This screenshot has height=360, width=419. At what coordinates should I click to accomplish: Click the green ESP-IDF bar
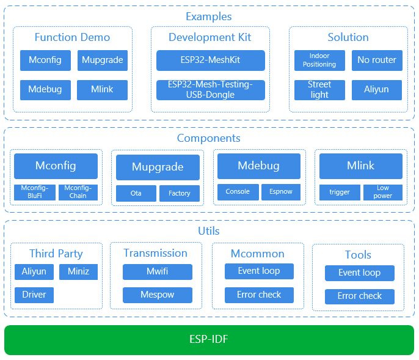click(209, 340)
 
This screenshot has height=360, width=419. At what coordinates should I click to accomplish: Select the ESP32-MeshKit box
click(211, 61)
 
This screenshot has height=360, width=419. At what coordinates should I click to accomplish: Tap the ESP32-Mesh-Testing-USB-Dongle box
click(211, 90)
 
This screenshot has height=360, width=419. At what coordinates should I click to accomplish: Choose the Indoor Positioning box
click(319, 61)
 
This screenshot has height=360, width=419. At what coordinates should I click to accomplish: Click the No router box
click(377, 61)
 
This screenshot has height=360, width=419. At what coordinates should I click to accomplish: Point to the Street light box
click(319, 90)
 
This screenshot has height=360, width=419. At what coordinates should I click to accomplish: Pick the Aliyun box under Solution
click(377, 90)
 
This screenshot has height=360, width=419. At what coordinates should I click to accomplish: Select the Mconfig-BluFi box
click(35, 193)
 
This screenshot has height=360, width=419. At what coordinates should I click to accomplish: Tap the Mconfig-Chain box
click(78, 193)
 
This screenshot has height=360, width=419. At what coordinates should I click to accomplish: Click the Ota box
click(136, 193)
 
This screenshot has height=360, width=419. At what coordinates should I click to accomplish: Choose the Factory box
click(180, 193)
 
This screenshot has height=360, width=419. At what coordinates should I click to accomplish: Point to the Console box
click(238, 192)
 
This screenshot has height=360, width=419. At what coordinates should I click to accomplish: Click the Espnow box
click(281, 192)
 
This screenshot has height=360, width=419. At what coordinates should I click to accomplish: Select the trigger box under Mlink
click(340, 193)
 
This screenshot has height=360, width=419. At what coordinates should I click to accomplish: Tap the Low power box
click(383, 193)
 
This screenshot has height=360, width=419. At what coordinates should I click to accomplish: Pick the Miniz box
click(78, 272)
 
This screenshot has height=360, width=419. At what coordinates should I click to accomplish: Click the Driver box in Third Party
click(34, 295)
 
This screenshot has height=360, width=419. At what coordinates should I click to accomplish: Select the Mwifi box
click(158, 272)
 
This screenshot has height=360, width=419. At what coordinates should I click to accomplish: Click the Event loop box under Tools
click(360, 273)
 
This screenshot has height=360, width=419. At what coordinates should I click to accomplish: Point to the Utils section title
click(209, 231)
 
